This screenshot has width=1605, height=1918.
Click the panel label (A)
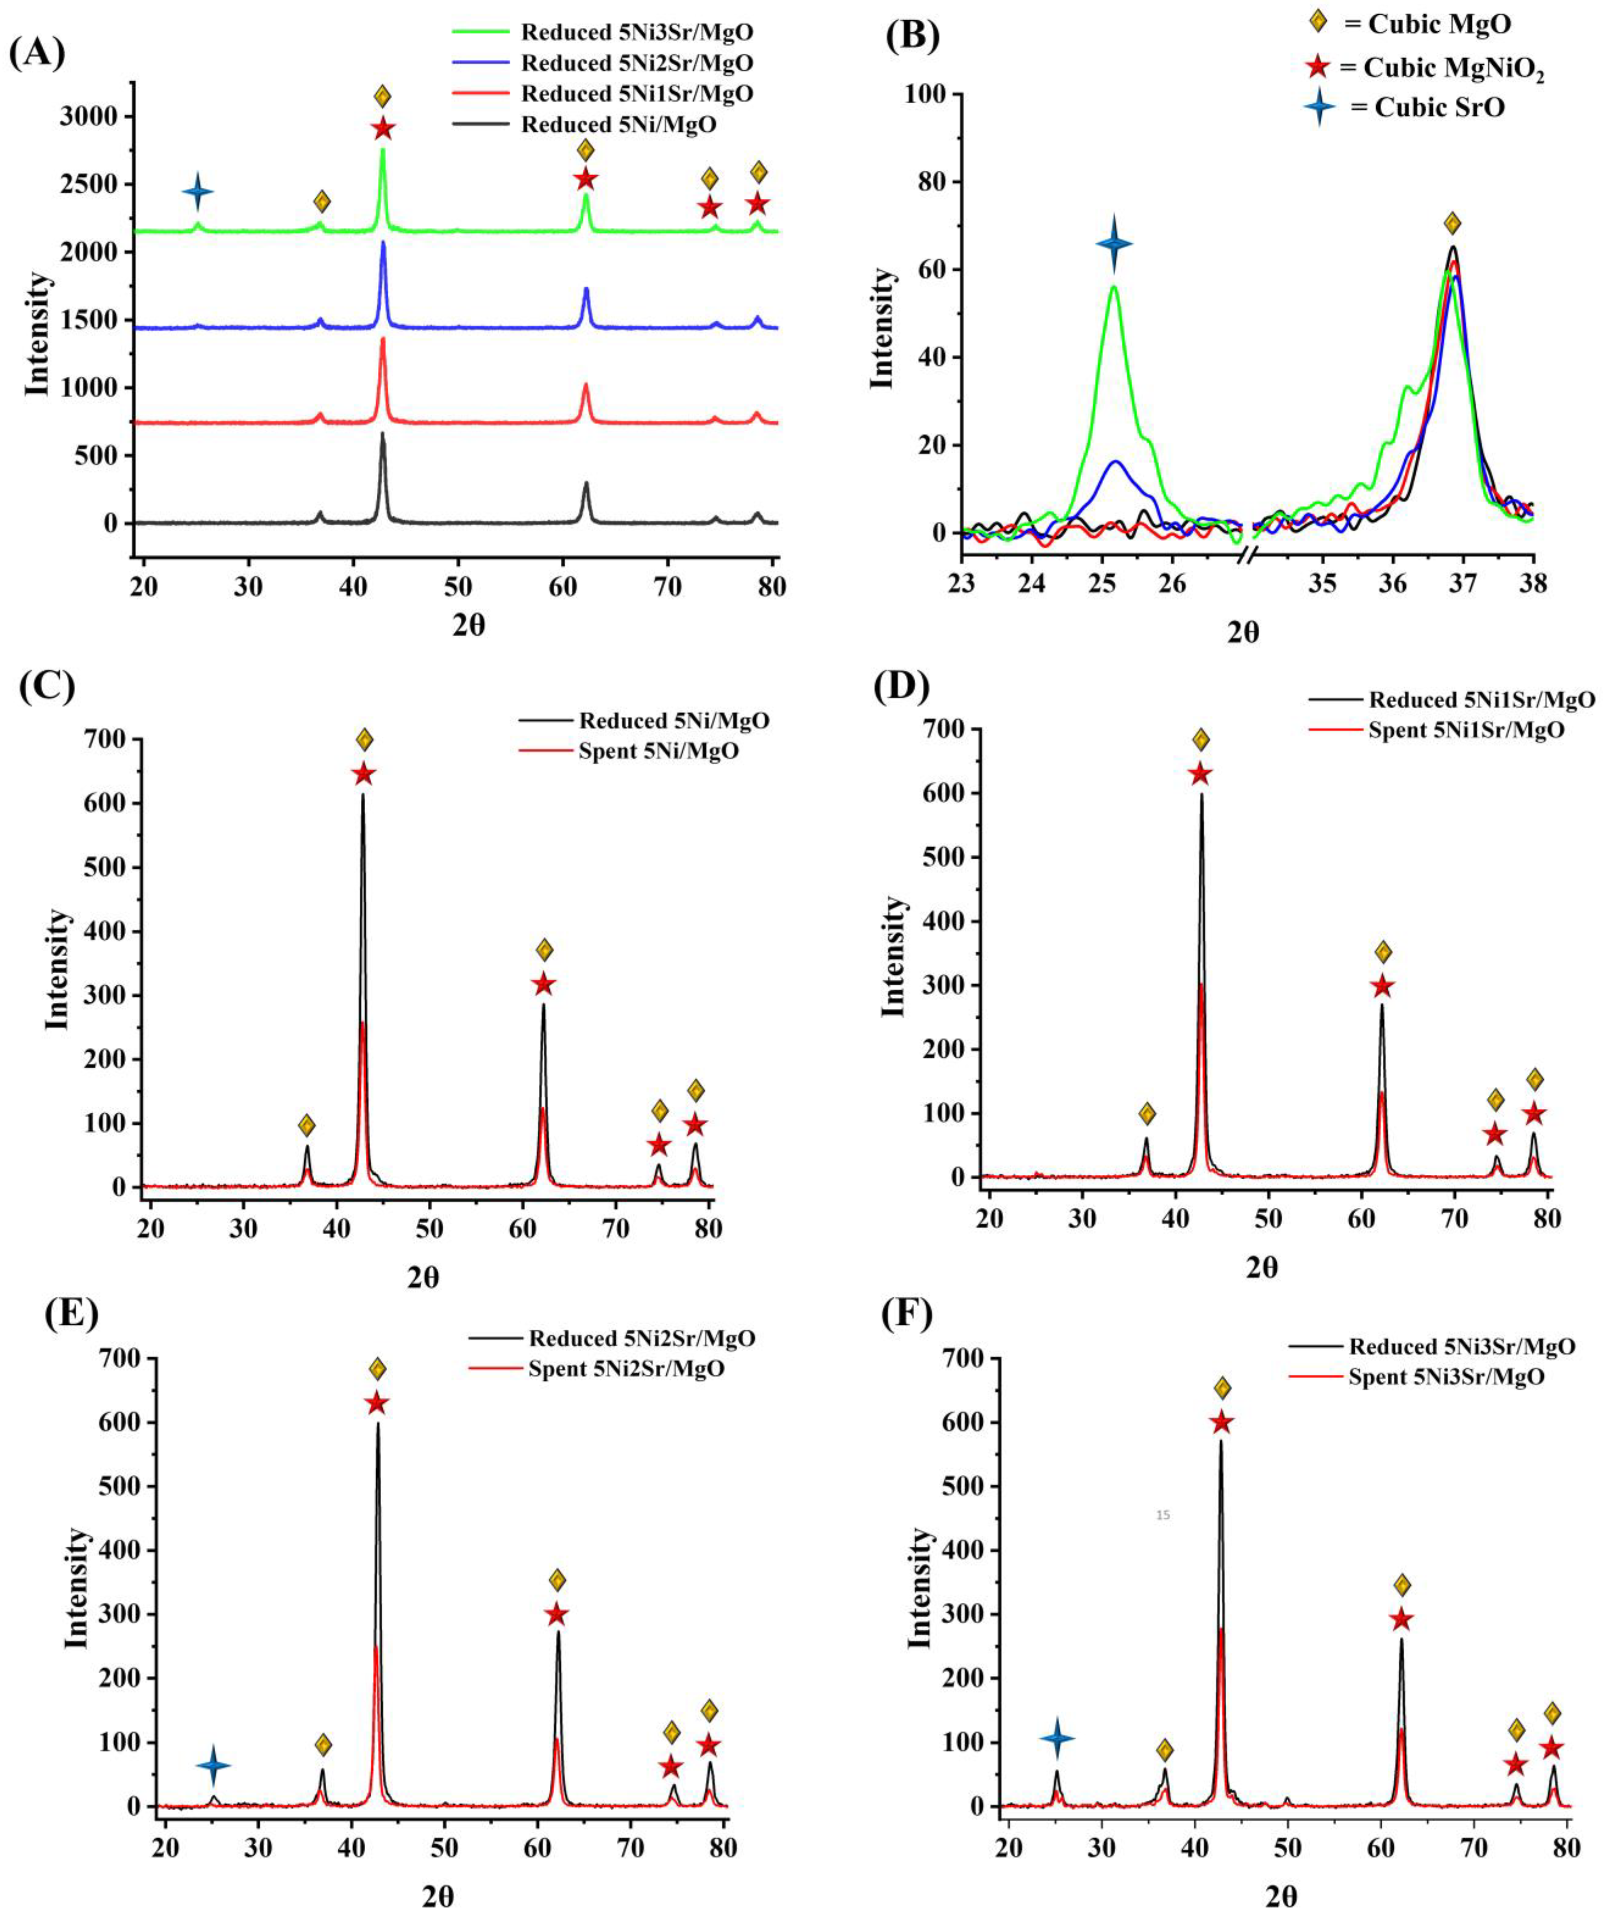pos(37,53)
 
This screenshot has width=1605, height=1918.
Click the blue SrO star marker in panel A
pos(197,192)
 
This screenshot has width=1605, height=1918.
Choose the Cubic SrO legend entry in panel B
pos(1427,108)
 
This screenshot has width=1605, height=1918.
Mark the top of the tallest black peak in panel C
pos(363,794)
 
